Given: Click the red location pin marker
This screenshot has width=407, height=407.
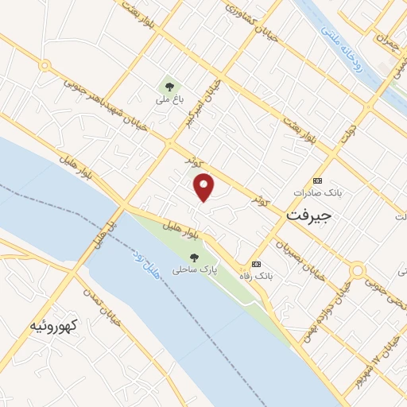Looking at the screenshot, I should click(205, 187).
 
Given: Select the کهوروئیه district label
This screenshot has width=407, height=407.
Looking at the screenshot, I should click(52, 324).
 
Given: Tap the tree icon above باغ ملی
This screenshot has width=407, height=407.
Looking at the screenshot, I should click(169, 86).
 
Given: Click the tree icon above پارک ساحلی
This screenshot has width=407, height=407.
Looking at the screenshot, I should click(195, 257).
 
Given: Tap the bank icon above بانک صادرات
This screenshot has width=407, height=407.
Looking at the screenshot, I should click(319, 180).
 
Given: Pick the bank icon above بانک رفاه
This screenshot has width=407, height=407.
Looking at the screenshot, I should click(256, 263).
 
